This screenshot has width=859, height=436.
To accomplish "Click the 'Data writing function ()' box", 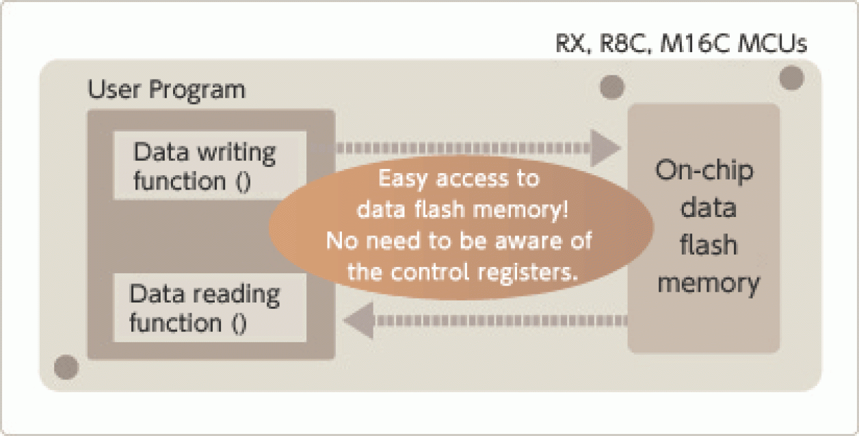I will [x=204, y=166].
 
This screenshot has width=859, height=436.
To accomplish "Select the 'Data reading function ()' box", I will [x=204, y=308].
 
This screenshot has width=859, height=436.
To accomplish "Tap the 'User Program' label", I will [x=166, y=90].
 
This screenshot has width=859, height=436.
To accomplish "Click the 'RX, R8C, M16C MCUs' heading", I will [x=680, y=44].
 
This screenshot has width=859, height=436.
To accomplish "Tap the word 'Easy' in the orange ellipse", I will [x=402, y=179].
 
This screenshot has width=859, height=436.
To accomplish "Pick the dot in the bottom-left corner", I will [x=66, y=368].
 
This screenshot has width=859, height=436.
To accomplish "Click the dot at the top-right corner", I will [x=791, y=77].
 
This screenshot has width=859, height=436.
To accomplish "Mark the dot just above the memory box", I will [x=611, y=87].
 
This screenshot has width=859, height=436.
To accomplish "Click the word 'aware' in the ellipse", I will [x=510, y=241].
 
